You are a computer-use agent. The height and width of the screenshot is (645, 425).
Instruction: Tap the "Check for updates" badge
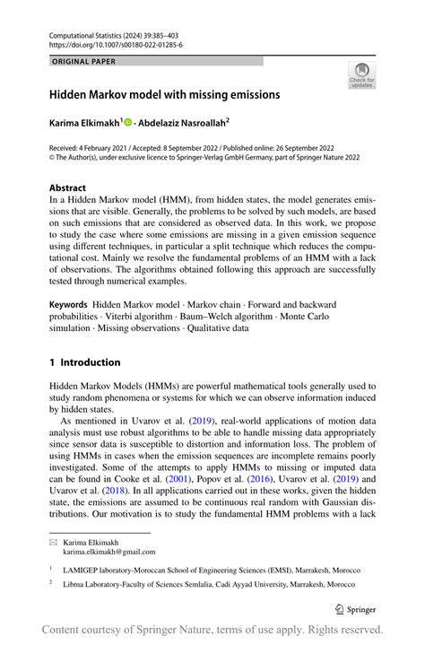click(x=362, y=75)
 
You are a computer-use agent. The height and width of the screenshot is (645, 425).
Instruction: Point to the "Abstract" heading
click(x=68, y=189)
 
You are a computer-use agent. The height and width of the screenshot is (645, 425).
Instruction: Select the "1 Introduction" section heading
click(x=84, y=362)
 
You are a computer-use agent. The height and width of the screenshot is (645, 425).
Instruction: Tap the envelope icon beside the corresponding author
click(x=53, y=543)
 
